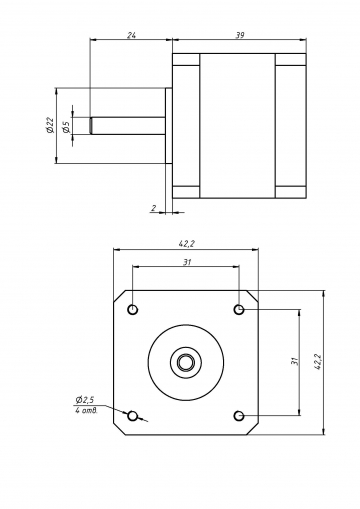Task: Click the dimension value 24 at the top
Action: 131,35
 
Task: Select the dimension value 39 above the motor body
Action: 240,35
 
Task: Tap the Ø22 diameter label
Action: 50,125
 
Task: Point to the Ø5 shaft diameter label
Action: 66,127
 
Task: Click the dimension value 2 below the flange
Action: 154,208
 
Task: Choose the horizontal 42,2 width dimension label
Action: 186,244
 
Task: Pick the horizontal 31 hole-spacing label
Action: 187,262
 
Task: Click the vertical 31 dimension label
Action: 294,361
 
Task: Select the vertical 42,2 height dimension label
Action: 318,362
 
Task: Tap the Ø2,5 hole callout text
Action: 85,399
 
